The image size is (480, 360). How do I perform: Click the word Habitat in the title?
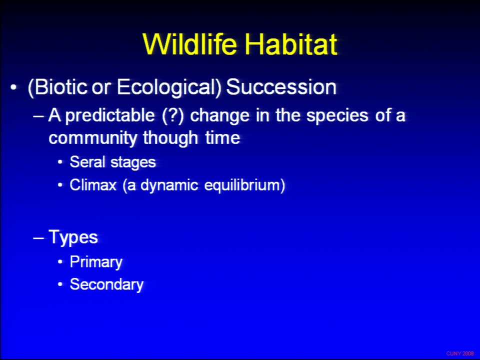[x=291, y=44]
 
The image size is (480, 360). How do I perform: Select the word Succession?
[x=281, y=87]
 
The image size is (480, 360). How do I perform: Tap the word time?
[x=222, y=137]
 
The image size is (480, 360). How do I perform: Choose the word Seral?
[x=87, y=161]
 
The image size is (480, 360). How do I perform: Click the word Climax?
[x=93, y=184]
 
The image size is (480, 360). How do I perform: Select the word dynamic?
[x=169, y=185]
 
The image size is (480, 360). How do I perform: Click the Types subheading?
[x=73, y=237]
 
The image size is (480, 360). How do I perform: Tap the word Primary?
[x=96, y=262]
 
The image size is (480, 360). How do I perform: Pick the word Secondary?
[x=106, y=284]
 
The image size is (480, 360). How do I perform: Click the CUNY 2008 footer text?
[x=460, y=353]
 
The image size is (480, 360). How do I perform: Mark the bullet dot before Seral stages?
[x=60, y=162]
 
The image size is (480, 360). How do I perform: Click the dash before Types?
[x=38, y=238]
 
